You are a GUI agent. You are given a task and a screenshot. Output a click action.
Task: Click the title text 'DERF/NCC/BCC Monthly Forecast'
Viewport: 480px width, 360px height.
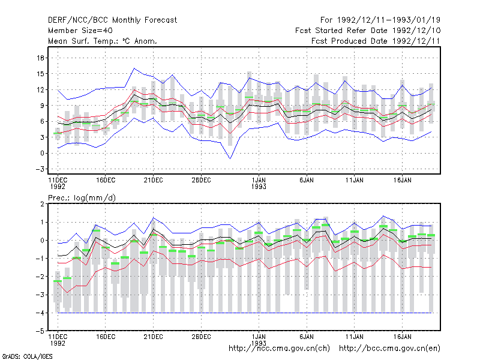(112, 20)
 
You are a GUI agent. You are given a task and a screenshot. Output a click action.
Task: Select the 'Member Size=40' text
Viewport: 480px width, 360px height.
(80, 31)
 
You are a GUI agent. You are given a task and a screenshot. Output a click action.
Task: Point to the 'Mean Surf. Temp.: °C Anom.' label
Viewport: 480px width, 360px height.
(103, 41)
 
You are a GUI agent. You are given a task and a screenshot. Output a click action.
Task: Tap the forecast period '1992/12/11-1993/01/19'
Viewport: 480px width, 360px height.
(388, 20)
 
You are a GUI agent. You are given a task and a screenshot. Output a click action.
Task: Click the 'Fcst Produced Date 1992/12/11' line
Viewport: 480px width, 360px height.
(376, 41)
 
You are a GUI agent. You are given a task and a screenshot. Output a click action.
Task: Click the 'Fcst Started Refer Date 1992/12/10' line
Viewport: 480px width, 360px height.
(368, 31)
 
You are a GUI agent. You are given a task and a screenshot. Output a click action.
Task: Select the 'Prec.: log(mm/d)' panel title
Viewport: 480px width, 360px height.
(82, 198)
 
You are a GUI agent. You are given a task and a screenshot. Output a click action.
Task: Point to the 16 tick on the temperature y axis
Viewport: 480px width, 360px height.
(40, 58)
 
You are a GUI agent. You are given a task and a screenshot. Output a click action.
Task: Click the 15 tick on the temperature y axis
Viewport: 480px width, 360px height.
(40, 74)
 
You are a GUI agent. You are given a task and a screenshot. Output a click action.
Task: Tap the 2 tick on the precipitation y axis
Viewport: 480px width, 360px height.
(42, 204)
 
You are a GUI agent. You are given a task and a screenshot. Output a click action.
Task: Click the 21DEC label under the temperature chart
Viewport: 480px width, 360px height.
(153, 181)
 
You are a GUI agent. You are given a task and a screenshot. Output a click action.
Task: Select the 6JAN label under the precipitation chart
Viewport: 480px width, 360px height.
(307, 337)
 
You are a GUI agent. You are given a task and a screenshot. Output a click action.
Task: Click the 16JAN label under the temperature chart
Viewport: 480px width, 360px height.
(402, 181)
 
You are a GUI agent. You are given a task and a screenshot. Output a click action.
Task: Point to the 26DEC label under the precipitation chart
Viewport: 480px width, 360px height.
(201, 337)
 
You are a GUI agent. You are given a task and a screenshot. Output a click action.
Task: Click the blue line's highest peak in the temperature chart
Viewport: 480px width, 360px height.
(134, 68)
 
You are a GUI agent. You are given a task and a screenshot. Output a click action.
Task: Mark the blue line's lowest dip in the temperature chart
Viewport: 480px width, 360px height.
(230, 158)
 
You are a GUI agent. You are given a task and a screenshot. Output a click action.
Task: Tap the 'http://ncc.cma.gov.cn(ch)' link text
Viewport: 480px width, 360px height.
(279, 349)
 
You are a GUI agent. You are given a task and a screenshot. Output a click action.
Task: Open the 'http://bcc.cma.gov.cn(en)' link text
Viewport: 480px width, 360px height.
(389, 349)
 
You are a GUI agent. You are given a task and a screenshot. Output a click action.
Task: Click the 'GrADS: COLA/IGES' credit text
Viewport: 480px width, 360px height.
(28, 356)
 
